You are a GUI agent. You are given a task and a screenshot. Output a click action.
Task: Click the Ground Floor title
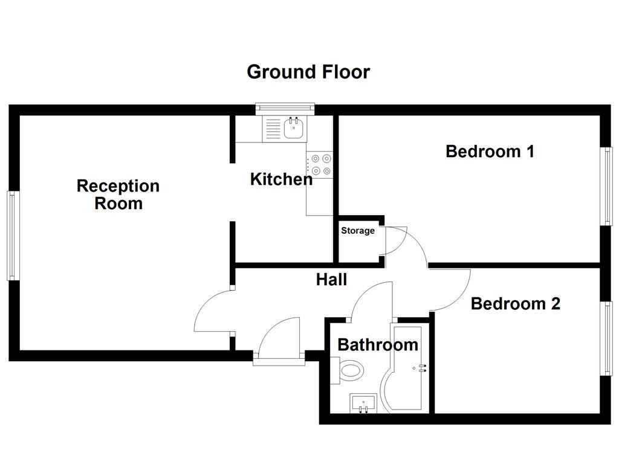pos(308,72)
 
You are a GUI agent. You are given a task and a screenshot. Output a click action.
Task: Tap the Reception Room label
pos(118,194)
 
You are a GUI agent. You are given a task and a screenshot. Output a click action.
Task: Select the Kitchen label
pos(281,179)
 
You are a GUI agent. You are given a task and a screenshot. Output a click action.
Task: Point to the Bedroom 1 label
pos(490,151)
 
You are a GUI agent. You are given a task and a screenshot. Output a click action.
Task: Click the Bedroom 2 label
pos(515,303)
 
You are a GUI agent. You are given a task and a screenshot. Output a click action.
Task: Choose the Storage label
pos(358,231)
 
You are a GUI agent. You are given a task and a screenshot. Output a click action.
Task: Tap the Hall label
pos(332,279)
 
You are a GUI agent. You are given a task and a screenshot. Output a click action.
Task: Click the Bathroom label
pos(378,344)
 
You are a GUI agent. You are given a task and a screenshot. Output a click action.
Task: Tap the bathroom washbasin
pos(363,403)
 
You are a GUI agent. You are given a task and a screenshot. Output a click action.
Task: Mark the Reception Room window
pos(12,236)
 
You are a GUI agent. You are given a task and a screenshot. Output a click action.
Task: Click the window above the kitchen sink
pos(286,109)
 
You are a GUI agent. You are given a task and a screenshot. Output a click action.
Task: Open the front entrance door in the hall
pos(278,341)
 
